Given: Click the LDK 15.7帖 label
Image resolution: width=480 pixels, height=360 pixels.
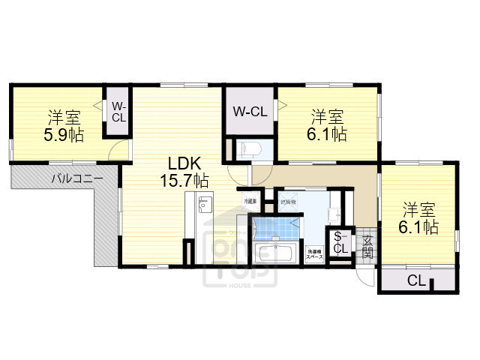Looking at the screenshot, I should (182, 172).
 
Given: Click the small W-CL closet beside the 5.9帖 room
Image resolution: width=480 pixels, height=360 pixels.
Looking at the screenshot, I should (118, 112).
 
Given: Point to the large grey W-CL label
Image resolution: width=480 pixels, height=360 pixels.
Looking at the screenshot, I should (250, 112).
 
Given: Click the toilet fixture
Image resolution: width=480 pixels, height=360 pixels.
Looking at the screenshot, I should (248, 149).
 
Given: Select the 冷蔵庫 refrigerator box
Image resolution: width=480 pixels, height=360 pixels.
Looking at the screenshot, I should (248, 202).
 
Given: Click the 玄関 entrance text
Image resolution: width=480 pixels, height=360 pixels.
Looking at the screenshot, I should (367, 245).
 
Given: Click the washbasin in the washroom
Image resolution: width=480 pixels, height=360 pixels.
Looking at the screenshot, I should (334, 213).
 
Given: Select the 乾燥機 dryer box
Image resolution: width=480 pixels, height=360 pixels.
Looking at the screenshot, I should (288, 202).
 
